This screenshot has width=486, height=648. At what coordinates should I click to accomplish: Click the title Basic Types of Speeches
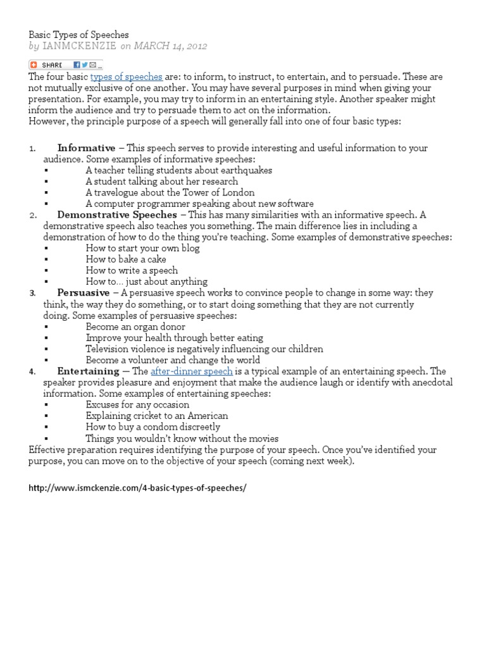pos(79,34)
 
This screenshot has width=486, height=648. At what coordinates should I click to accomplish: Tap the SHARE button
pos(48,65)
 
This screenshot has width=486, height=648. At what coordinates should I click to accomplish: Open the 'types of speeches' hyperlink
pos(127,77)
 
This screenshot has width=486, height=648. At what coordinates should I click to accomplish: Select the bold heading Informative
pos(86,148)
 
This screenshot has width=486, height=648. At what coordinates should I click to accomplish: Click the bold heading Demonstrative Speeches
pos(117,215)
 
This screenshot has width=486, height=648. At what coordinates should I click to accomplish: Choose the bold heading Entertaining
pos(88,371)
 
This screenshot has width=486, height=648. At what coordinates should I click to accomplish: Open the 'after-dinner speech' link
pos(192,371)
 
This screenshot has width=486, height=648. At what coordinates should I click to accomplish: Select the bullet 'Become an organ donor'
pos(135,327)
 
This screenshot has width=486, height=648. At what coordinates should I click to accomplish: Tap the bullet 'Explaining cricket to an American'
pos(157,416)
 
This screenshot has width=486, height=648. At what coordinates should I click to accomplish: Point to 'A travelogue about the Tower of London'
pos(170,192)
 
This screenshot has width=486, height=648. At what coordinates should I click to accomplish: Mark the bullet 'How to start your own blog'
pos(142,248)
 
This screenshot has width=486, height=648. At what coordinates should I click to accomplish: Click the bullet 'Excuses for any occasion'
pos(137,405)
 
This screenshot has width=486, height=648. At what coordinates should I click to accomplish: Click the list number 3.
pos(32,294)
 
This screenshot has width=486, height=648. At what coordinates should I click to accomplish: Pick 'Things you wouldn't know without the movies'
pos(182,439)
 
